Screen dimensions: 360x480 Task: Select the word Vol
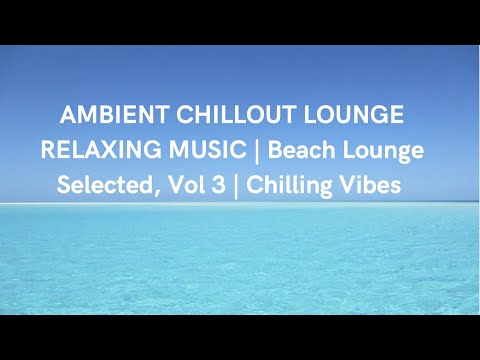point(180,185)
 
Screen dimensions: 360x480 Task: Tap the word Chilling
point(288,185)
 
